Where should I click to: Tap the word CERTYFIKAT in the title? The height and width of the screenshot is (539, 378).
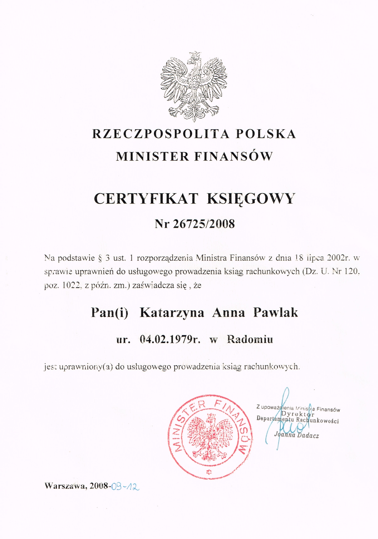pos(146,199)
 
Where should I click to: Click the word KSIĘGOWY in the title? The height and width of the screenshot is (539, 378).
pos(251,199)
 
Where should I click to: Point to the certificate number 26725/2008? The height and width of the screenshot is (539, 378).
pos(204,224)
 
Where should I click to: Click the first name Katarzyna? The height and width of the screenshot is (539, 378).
pos(172,313)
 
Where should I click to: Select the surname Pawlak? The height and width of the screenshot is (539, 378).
pos(275,312)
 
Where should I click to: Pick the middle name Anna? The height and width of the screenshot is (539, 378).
pos(228,313)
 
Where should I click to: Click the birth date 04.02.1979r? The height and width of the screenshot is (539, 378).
pos(170,339)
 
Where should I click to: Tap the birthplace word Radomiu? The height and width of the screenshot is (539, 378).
pos(250,339)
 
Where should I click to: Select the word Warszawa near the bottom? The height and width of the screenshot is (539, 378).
pos(65,486)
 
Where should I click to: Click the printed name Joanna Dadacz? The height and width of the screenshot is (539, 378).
pos(296,435)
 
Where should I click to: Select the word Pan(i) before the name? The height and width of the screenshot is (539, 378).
pos(109,313)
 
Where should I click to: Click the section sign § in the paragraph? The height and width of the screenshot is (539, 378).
pos(100,258)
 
